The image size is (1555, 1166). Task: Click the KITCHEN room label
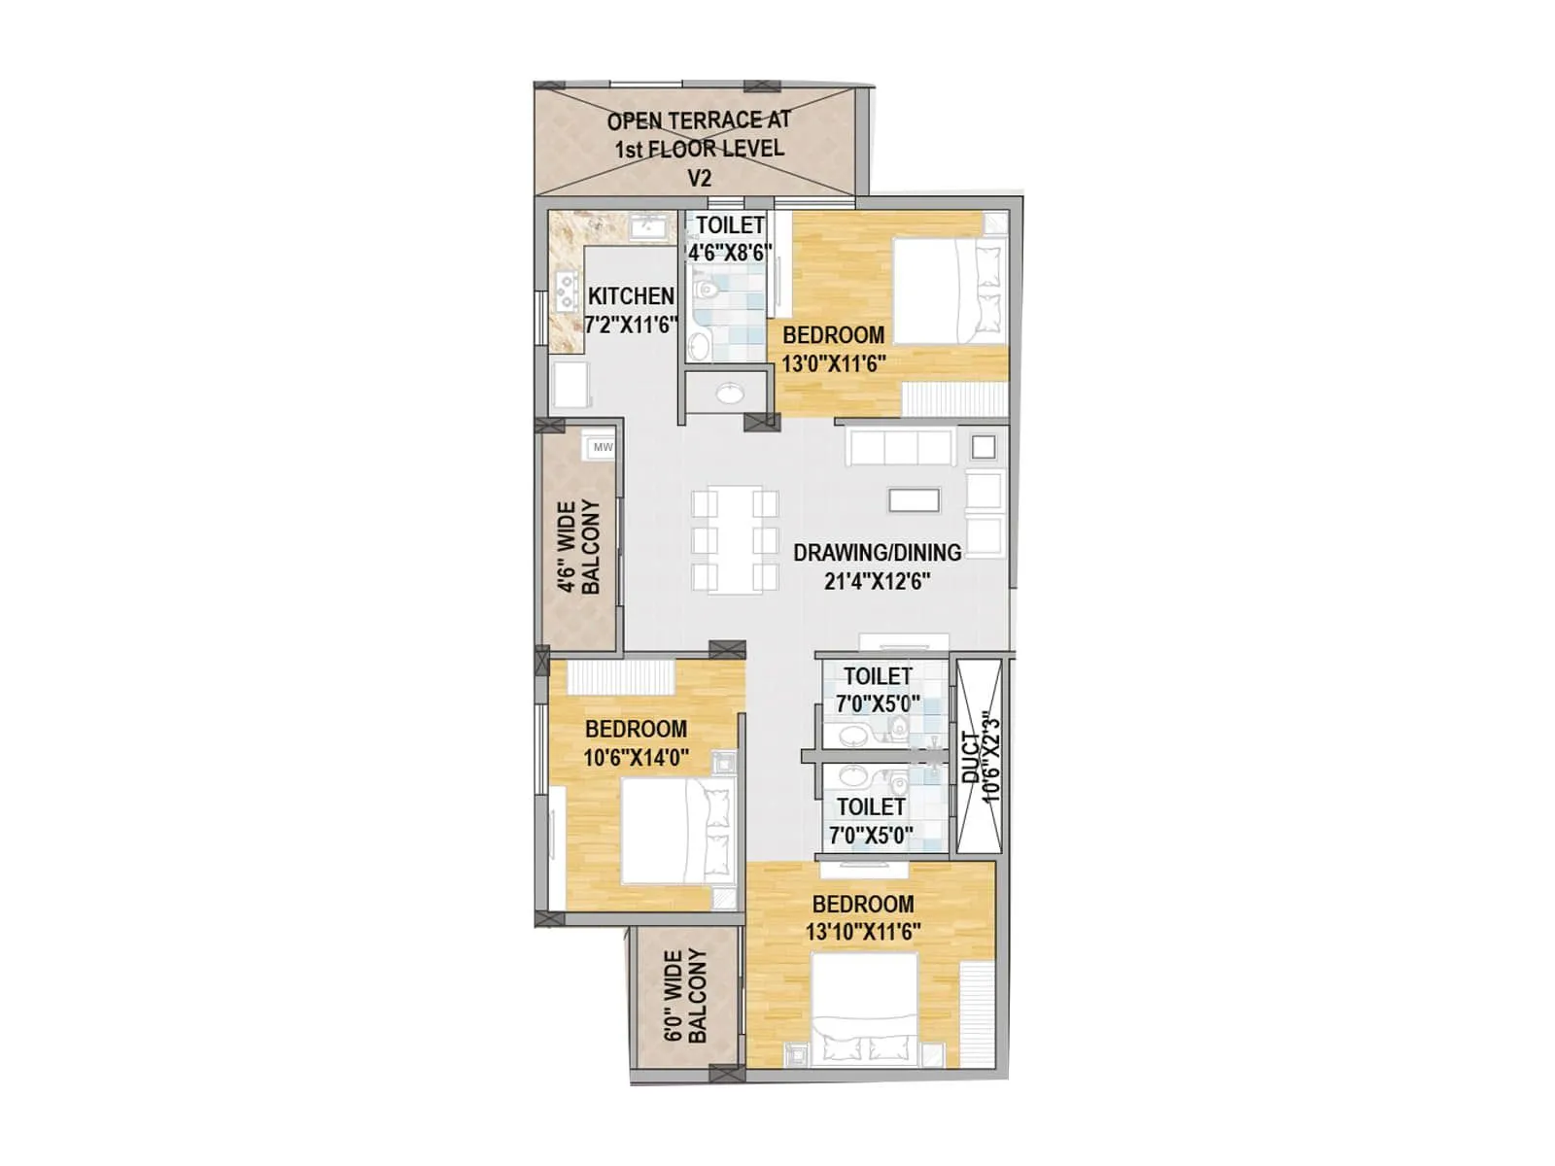point(631,295)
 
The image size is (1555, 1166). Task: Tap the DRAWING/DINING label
point(877,552)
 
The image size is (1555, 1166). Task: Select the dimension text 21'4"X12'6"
point(877,581)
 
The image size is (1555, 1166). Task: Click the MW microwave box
point(603,447)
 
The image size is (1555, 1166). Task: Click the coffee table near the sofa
point(914,499)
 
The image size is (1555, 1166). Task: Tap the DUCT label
point(971,757)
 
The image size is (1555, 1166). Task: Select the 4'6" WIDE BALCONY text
point(578,546)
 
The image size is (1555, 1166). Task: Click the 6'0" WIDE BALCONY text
point(685,996)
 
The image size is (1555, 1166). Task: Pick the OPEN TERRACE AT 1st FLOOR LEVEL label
point(699,134)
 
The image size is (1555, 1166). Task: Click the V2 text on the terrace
point(699,178)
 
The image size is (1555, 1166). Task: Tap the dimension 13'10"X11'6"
point(862,931)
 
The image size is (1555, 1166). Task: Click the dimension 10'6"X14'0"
point(636,757)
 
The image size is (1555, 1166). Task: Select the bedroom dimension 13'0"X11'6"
point(833,363)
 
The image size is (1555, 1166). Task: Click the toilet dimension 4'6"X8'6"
point(730,252)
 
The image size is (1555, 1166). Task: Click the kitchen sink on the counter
point(647,226)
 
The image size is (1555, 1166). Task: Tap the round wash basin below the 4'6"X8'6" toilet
point(729,393)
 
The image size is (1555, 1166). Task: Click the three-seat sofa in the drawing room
point(899,447)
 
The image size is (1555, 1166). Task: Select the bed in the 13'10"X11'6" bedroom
point(865,1006)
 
